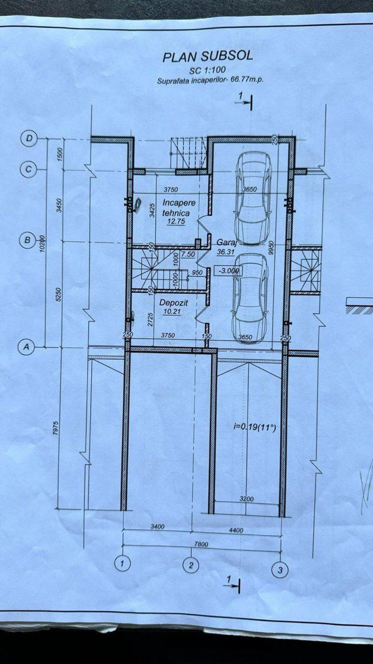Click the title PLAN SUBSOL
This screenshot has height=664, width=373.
(208, 56)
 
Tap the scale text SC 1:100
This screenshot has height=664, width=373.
(208, 70)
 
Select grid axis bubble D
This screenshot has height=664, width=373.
(29, 138)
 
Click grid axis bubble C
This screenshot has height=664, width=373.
(28, 169)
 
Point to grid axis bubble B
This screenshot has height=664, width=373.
(28, 240)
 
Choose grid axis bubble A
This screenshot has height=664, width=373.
(27, 346)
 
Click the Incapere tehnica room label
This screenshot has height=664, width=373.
(176, 208)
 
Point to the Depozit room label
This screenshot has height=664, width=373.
(174, 303)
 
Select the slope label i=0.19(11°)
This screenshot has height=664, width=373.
(255, 427)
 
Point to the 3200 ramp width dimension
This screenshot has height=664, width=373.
(246, 499)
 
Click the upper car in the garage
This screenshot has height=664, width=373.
(253, 198)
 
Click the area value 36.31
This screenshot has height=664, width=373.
(225, 252)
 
